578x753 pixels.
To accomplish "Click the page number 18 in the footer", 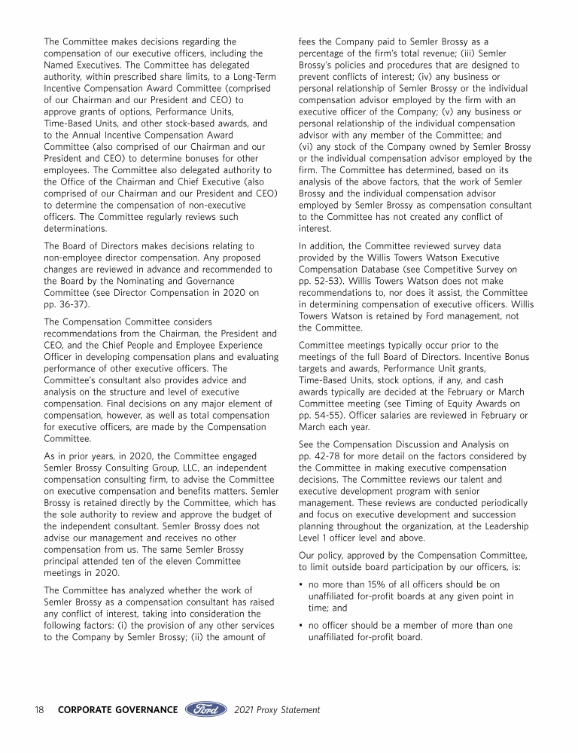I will click(x=39, y=709).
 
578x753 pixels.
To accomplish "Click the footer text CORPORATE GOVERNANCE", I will click(x=117, y=709).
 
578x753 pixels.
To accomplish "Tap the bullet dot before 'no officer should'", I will click(x=301, y=626).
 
